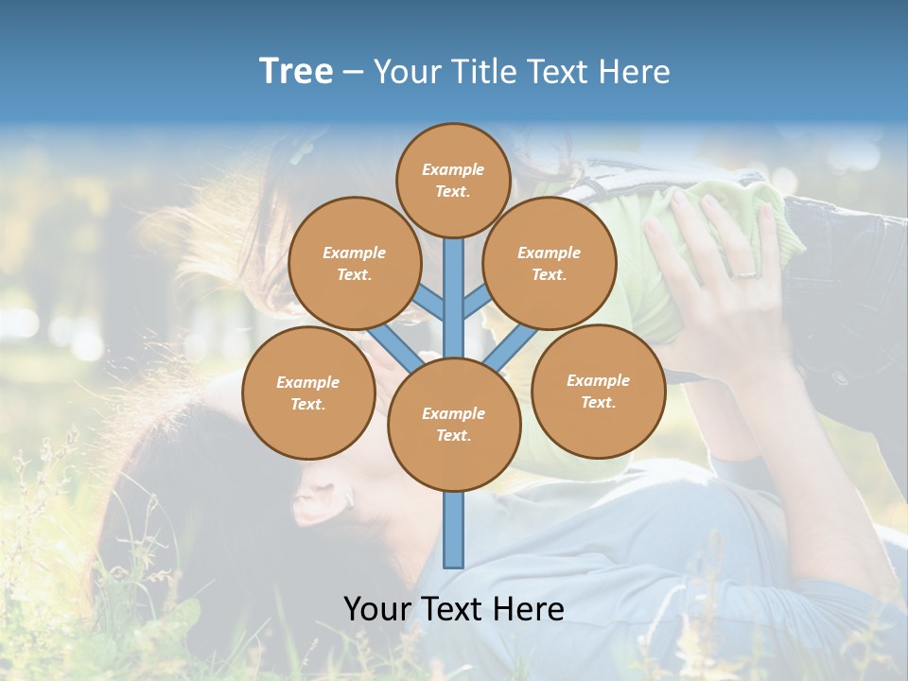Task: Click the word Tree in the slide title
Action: (296, 72)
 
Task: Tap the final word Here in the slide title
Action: (635, 72)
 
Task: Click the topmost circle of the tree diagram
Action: (453, 180)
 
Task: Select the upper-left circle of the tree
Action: (354, 263)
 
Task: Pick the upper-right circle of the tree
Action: (550, 263)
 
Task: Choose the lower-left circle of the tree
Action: (307, 393)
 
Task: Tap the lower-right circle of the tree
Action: (598, 391)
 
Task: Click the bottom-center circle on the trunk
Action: (453, 424)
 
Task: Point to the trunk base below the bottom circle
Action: (453, 530)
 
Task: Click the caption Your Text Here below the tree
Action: (453, 609)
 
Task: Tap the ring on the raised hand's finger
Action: (746, 272)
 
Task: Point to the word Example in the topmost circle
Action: (453, 169)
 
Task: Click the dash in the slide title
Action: (353, 73)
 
